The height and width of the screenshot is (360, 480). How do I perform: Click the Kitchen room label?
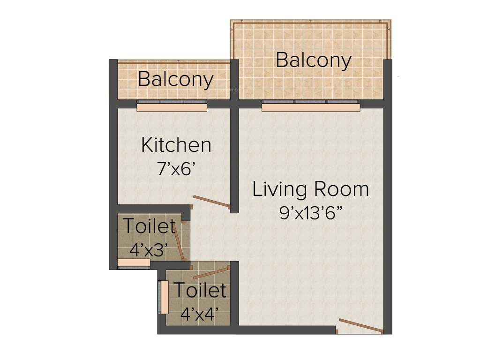click(x=176, y=145)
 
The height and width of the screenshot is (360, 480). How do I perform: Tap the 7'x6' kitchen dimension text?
click(x=176, y=169)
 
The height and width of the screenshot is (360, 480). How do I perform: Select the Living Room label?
click(x=310, y=189)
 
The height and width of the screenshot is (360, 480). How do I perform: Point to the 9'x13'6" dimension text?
click(x=310, y=213)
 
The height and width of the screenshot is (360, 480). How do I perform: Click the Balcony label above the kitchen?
click(x=176, y=79)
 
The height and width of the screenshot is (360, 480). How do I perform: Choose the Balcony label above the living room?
click(x=313, y=60)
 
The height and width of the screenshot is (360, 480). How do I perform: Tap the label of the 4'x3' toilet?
click(x=149, y=226)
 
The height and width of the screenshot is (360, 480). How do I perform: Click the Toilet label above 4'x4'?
click(x=200, y=290)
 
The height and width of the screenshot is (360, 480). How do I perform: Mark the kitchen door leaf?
click(x=211, y=202)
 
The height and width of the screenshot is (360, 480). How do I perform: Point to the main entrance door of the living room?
click(x=361, y=326)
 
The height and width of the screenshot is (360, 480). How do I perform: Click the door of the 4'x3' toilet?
click(x=179, y=241)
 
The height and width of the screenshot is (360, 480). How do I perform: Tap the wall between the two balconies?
click(x=234, y=80)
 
